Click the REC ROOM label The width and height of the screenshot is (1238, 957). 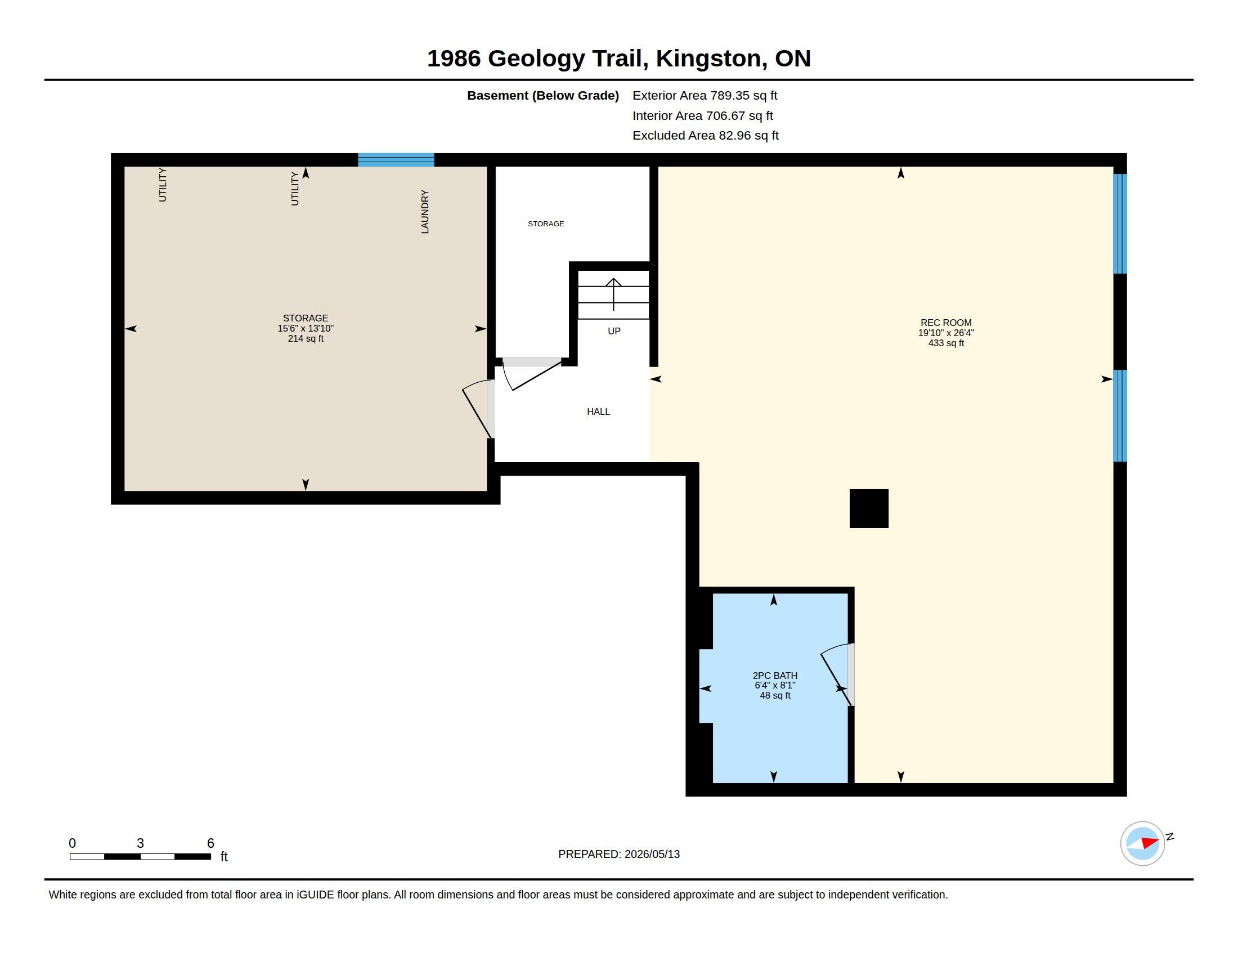(945, 323)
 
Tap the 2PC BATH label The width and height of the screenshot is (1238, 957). (775, 675)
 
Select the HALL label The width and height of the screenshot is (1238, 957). (599, 412)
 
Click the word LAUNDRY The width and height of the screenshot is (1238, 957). (424, 212)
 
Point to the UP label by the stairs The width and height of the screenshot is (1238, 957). (614, 331)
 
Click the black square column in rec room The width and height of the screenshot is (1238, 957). (868, 508)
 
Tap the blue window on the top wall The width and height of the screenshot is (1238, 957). (396, 159)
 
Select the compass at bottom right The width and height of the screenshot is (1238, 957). (1142, 843)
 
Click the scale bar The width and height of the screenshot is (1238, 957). (140, 856)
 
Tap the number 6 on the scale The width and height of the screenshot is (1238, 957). (210, 843)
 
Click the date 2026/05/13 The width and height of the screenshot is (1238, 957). (652, 854)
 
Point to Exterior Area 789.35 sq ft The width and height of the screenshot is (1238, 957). (705, 95)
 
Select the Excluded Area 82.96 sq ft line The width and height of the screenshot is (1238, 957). (705, 136)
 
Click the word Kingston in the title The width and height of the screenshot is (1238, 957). (708, 59)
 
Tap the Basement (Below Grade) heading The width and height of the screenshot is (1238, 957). (542, 95)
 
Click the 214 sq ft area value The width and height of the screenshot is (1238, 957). (306, 338)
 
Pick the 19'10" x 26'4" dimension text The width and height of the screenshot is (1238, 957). (945, 333)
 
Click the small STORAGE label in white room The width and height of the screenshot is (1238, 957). (546, 223)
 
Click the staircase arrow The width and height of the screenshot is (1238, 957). (613, 294)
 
